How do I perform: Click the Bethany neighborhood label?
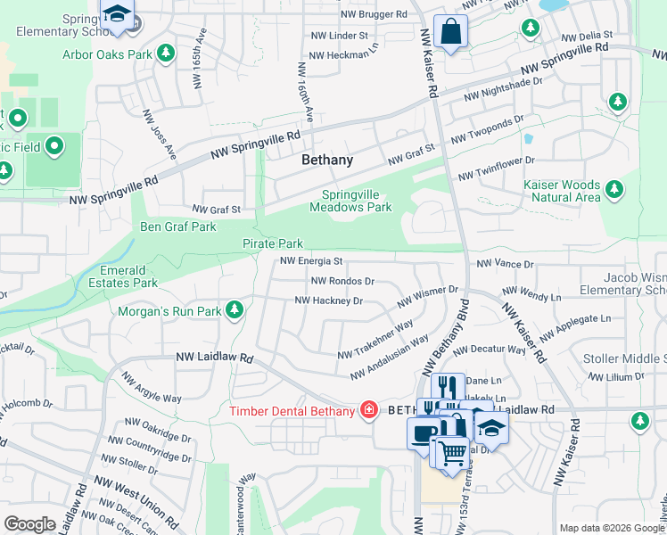tap(326, 160)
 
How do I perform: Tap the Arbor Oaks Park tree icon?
tap(165, 54)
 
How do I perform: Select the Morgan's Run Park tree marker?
tap(235, 310)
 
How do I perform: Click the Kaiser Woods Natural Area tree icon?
tap(613, 189)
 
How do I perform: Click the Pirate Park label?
tap(273, 243)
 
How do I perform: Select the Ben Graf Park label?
tap(178, 226)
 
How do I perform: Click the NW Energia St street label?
tap(311, 261)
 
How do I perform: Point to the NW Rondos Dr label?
tap(342, 281)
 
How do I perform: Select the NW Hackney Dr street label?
tap(328, 300)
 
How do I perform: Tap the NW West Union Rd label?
tap(144, 506)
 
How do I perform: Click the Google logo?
tap(30, 524)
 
